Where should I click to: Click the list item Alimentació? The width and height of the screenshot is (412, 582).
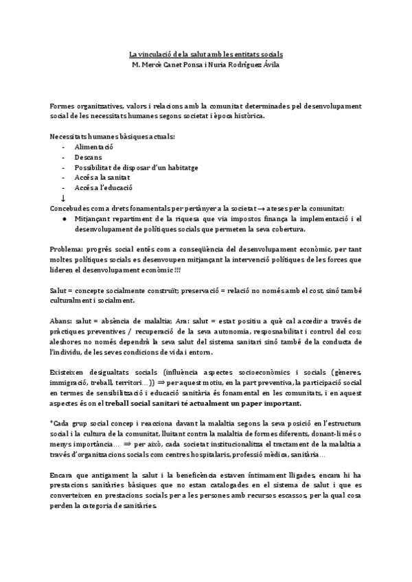(x=94, y=148)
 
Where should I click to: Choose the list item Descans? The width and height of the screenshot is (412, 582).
(x=89, y=158)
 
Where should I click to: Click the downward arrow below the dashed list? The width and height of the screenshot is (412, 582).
(x=63, y=198)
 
